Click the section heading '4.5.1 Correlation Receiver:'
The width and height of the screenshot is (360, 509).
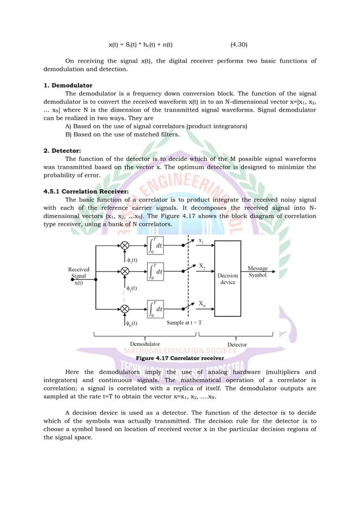pyautogui.click(x=88, y=191)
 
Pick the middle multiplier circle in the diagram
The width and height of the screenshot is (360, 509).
pyautogui.click(x=125, y=271)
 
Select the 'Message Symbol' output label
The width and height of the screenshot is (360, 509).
pyautogui.click(x=258, y=272)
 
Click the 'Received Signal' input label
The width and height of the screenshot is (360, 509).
pyautogui.click(x=78, y=273)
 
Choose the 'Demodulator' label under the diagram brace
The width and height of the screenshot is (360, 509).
pyautogui.click(x=145, y=344)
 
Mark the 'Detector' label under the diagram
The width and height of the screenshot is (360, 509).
pyautogui.click(x=237, y=344)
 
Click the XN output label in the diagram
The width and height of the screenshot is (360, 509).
pyautogui.click(x=201, y=304)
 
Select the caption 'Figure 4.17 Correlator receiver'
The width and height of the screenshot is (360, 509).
pyautogui.click(x=180, y=358)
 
